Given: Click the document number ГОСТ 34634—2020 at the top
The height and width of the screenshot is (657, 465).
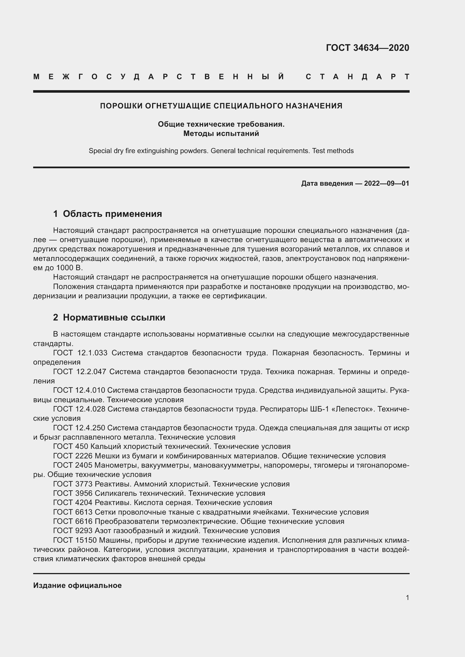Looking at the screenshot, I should click(367, 48).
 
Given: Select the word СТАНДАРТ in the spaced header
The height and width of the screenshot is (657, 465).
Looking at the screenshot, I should click(357, 77).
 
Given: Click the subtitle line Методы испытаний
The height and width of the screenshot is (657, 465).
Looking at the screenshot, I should click(221, 134).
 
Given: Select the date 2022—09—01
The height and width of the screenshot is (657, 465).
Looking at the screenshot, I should click(387, 183).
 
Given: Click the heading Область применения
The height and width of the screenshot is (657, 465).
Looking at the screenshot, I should click(112, 214).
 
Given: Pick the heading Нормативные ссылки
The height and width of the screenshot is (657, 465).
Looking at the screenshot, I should click(114, 317).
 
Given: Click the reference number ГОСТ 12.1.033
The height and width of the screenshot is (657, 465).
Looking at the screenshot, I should click(80, 353).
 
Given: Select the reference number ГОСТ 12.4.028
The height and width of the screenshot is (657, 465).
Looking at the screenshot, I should click(79, 409).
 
